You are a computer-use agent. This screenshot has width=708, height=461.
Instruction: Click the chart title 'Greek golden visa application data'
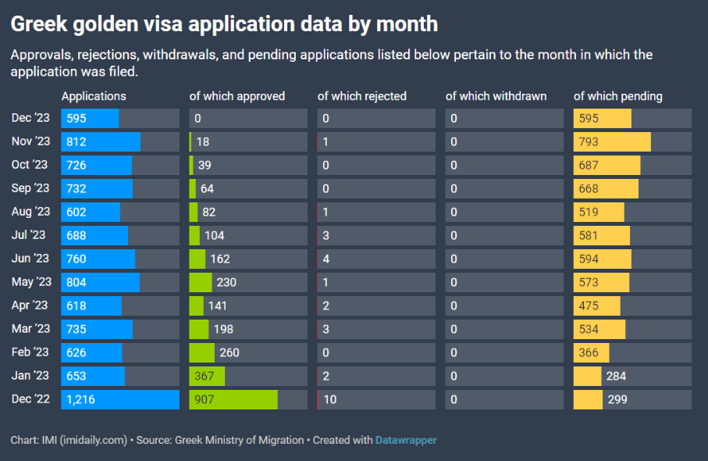[223, 24]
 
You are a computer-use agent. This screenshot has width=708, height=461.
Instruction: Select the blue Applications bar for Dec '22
[120, 399]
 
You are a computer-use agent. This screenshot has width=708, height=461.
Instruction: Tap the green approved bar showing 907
[233, 399]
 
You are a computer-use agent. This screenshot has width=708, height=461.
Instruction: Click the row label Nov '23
[31, 141]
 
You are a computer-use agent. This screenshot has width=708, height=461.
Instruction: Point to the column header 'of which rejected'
[361, 96]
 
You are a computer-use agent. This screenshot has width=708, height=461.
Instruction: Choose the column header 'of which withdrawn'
[496, 96]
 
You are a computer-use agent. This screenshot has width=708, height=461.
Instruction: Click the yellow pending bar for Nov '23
[612, 141]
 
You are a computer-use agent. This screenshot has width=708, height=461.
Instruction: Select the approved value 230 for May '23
[226, 282]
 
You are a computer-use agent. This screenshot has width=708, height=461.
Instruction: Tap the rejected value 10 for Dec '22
[329, 399]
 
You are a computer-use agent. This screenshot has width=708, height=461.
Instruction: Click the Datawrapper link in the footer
[406, 440]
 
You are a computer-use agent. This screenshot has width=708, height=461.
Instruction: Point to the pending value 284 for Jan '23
[616, 376]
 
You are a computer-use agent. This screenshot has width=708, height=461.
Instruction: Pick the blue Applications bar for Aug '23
[91, 212]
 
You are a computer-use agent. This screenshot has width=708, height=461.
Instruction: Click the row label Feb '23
[30, 352]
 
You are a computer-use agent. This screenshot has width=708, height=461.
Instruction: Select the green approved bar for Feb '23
[201, 352]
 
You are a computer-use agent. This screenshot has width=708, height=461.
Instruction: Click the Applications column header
[94, 96]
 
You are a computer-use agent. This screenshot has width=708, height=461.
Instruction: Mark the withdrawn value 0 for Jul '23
[454, 235]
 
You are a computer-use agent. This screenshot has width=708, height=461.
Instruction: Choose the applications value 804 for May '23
[76, 282]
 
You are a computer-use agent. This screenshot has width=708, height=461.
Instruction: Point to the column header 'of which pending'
[618, 96]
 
